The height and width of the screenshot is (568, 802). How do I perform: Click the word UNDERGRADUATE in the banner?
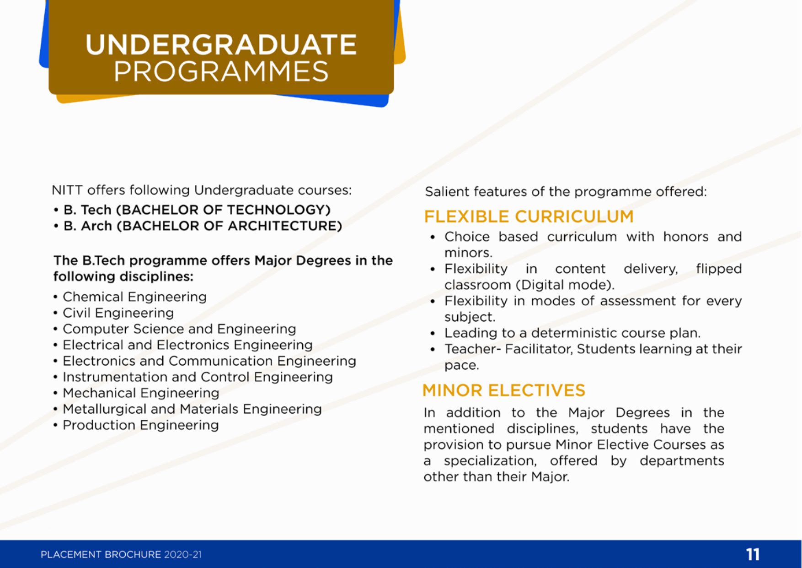click(221, 44)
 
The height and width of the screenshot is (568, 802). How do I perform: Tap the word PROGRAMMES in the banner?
click(221, 71)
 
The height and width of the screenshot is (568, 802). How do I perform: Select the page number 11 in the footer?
click(753, 554)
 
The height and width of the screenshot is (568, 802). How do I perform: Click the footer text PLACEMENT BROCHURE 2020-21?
click(121, 555)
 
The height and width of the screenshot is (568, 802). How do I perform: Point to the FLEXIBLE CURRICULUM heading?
click(529, 216)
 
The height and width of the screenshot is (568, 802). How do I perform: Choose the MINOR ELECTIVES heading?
click(504, 390)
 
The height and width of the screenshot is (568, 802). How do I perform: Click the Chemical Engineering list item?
click(134, 297)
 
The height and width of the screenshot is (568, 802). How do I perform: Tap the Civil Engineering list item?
click(118, 313)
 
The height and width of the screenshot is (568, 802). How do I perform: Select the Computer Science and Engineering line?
click(179, 329)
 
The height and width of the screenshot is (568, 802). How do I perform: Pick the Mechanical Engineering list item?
click(141, 393)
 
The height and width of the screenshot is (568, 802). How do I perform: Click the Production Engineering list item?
click(140, 425)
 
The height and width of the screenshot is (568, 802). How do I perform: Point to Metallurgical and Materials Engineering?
click(192, 409)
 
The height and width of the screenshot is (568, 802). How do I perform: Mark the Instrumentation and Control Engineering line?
click(198, 377)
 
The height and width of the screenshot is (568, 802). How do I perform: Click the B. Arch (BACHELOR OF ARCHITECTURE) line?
click(203, 226)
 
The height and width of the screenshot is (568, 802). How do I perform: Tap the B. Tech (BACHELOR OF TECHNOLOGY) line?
click(197, 210)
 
